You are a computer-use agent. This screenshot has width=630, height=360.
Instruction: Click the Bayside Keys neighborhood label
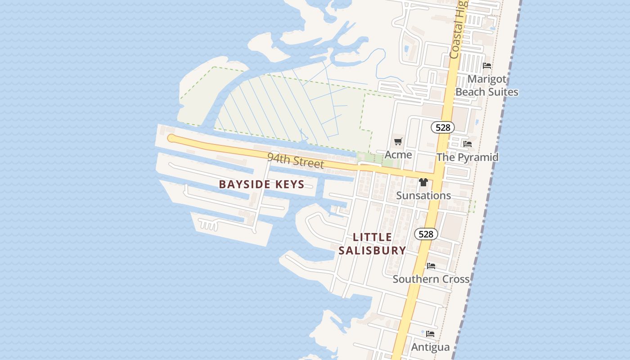[x=261, y=184]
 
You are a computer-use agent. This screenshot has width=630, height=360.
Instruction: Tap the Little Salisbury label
[x=372, y=243]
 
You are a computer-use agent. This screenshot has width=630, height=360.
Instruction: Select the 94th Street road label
[x=295, y=160]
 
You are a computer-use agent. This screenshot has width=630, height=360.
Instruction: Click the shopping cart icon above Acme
[x=398, y=142]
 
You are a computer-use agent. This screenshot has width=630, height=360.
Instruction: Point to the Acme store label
[x=398, y=155]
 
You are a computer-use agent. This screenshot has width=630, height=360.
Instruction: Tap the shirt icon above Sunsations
[x=423, y=182]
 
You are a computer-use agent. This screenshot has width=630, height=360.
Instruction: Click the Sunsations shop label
[x=423, y=195]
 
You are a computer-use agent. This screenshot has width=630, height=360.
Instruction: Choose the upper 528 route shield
[x=443, y=127]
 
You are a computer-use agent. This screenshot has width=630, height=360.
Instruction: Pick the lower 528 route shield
[x=426, y=234]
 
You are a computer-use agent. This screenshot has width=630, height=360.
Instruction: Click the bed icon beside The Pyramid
[x=468, y=144]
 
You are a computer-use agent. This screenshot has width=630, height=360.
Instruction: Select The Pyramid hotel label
[x=468, y=157]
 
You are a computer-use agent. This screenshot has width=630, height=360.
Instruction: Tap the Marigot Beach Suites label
[x=487, y=85]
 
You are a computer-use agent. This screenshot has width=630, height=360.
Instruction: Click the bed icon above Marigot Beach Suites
[x=486, y=66]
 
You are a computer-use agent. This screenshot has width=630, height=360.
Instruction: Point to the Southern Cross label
[x=431, y=279]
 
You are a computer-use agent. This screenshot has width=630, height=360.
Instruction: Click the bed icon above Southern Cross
[x=431, y=266]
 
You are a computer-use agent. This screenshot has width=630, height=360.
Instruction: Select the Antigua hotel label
[x=430, y=347]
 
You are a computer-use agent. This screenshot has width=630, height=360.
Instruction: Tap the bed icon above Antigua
[x=430, y=334]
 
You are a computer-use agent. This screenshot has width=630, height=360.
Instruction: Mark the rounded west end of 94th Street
[x=171, y=138]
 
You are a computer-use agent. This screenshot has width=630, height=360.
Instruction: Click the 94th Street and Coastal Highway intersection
[x=437, y=175]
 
